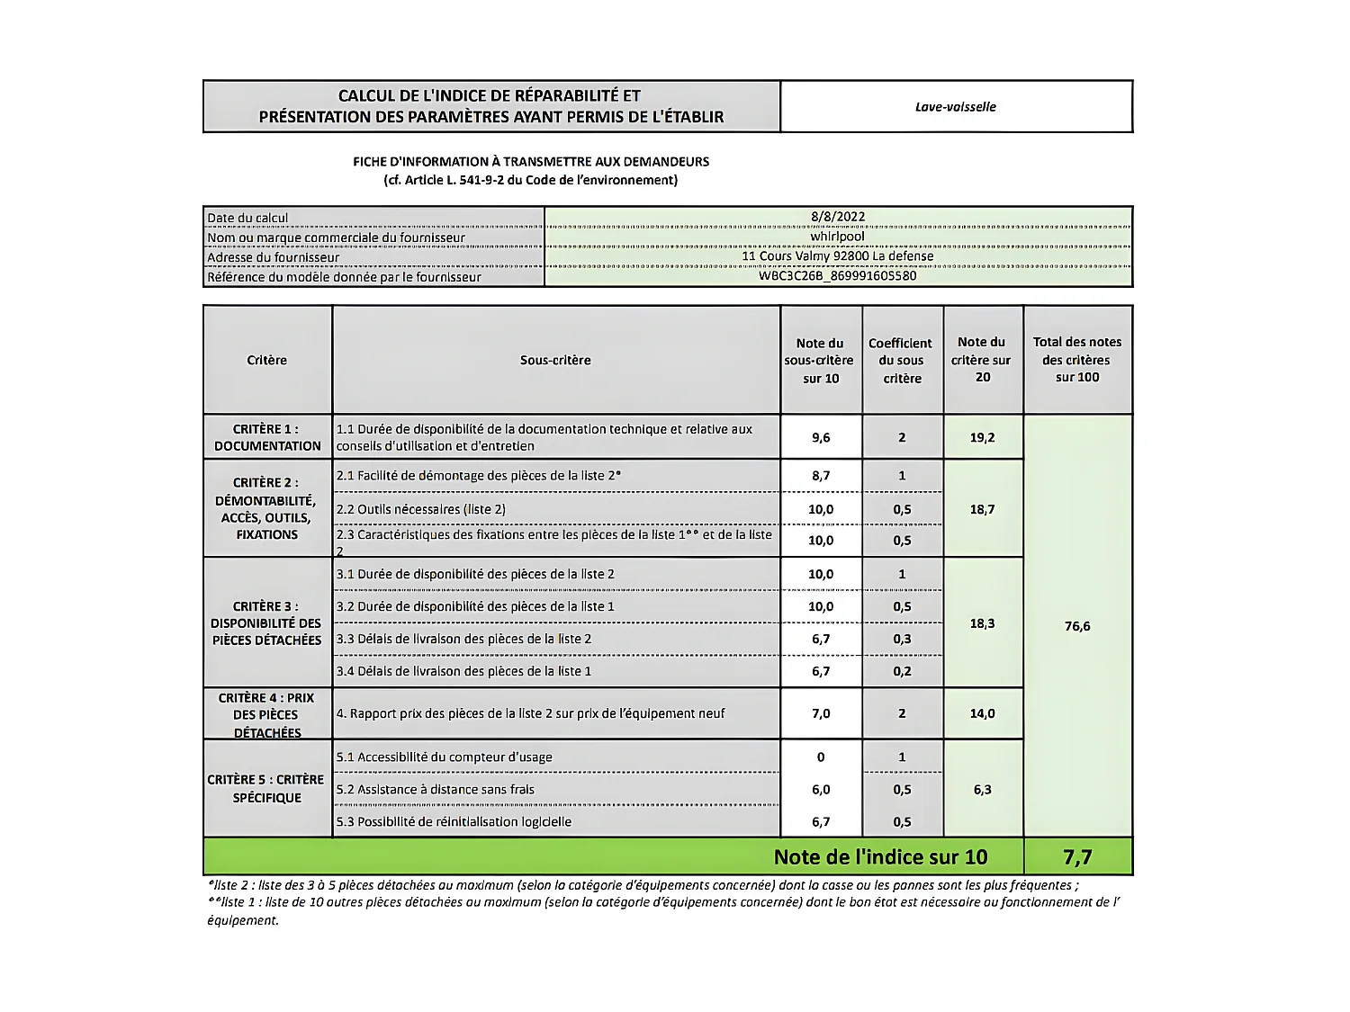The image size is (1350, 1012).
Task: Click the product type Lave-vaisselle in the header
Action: pyautogui.click(x=955, y=106)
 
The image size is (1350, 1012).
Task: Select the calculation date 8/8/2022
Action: pyautogui.click(x=837, y=217)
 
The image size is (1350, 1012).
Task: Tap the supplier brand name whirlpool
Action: pyautogui.click(x=837, y=237)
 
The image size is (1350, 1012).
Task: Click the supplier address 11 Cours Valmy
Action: pyautogui.click(x=837, y=256)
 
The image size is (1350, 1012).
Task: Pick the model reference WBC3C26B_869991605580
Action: pyautogui.click(x=837, y=276)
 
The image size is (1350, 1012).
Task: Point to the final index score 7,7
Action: pyautogui.click(x=1077, y=857)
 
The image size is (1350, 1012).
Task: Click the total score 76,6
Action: pyautogui.click(x=1077, y=626)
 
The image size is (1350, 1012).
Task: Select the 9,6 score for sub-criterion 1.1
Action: pyautogui.click(x=821, y=438)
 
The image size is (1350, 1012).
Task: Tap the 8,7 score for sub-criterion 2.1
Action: pyautogui.click(x=821, y=476)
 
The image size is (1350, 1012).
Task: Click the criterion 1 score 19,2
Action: pyautogui.click(x=983, y=438)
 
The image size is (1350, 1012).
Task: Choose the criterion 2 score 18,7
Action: pyautogui.click(x=983, y=509)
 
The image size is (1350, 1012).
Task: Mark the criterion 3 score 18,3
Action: pyautogui.click(x=983, y=623)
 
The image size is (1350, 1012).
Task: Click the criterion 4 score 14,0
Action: pyautogui.click(x=983, y=713)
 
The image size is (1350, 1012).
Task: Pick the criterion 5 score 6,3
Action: pyautogui.click(x=983, y=790)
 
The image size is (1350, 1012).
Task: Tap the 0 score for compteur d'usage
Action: pyautogui.click(x=821, y=757)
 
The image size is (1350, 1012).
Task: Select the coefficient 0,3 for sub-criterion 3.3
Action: pyautogui.click(x=902, y=639)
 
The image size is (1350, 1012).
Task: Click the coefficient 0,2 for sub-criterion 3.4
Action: pyautogui.click(x=902, y=671)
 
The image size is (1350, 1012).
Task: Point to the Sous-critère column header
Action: pyautogui.click(x=555, y=361)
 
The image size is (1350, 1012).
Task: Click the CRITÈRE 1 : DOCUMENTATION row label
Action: pyautogui.click(x=267, y=437)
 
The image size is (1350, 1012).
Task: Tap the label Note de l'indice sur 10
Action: pyautogui.click(x=880, y=857)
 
